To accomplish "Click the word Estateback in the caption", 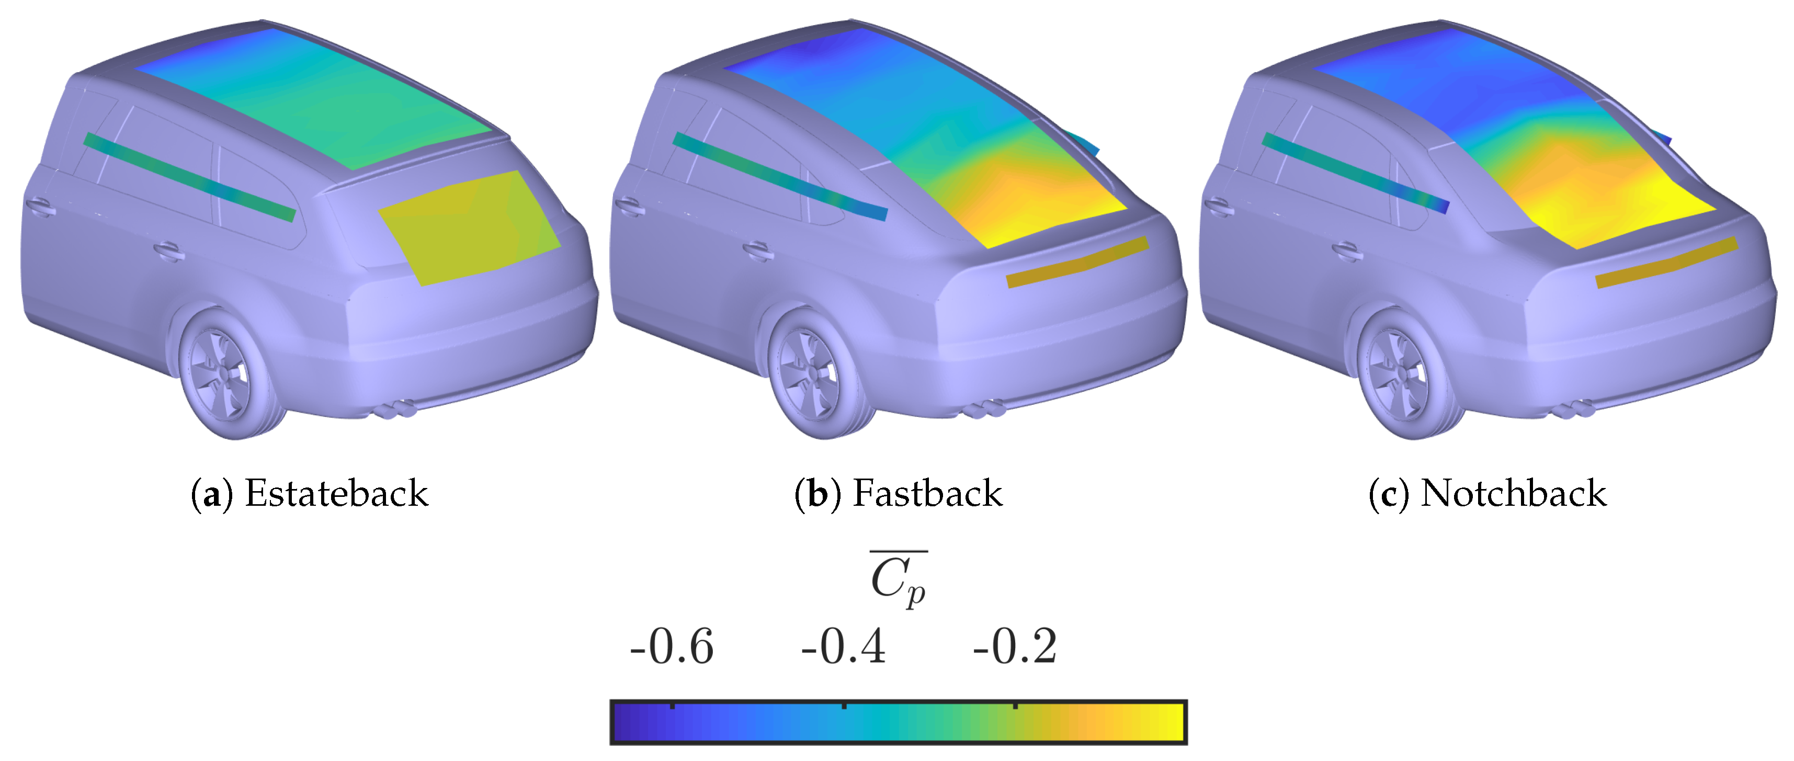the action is (336, 493).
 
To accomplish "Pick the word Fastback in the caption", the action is (928, 493).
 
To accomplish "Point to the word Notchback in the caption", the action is (1513, 493).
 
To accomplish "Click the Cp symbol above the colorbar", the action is (899, 580).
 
